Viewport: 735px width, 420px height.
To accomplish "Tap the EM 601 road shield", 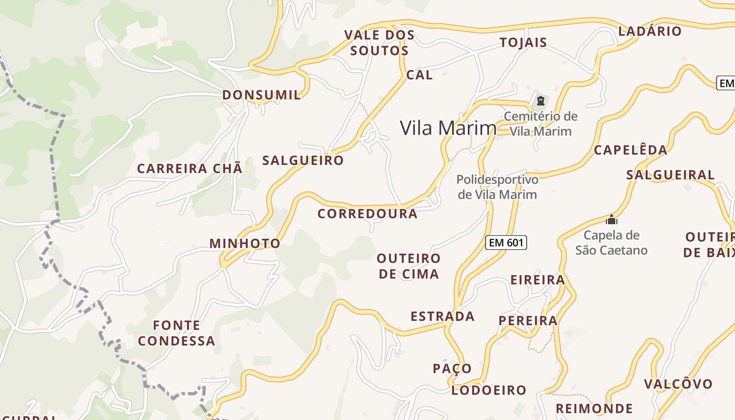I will [506, 242].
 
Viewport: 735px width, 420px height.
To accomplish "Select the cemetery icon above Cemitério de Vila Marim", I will [541, 100].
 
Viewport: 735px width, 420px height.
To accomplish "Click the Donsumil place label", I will [261, 95].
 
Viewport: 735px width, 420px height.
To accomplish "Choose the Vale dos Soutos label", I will [379, 43].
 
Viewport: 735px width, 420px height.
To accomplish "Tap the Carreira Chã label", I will [190, 169].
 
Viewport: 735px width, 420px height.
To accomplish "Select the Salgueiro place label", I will [303, 161].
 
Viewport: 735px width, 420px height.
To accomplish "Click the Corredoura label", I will [367, 214].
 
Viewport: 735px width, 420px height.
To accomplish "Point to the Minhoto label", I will [245, 244].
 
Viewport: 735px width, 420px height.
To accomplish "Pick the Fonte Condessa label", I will [176, 333].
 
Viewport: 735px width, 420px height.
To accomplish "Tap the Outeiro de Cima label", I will [408, 266].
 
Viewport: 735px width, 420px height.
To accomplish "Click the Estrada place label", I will [443, 317].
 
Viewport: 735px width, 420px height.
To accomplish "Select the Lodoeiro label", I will [489, 390].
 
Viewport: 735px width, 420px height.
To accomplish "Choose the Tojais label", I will [523, 43].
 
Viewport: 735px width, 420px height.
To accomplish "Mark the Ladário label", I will [650, 31].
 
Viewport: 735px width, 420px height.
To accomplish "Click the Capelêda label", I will [631, 150].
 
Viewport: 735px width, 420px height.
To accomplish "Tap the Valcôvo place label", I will [678, 384].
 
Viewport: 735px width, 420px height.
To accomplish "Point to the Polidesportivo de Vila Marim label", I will [497, 187].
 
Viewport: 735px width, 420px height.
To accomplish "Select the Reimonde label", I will [594, 408].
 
